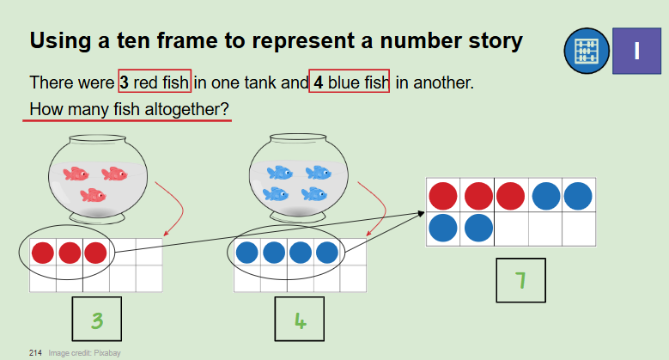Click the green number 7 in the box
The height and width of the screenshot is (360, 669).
tap(520, 281)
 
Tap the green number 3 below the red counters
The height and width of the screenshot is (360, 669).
tap(97, 320)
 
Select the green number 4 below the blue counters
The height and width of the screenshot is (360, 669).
tap(301, 320)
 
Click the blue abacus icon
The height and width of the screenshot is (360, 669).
tap(587, 51)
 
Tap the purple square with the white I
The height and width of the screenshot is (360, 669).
tap(636, 51)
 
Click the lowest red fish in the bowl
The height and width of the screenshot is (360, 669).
tap(93, 195)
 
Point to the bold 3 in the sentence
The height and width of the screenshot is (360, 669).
tap(125, 82)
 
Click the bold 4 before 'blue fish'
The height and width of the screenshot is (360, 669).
tap(319, 82)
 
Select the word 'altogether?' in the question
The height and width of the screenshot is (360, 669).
tap(187, 109)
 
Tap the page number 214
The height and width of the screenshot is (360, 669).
tap(35, 353)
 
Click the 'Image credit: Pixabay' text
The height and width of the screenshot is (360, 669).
tap(84, 353)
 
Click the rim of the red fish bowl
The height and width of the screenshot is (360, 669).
tap(98, 139)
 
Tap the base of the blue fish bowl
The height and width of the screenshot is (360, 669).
tap(298, 217)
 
